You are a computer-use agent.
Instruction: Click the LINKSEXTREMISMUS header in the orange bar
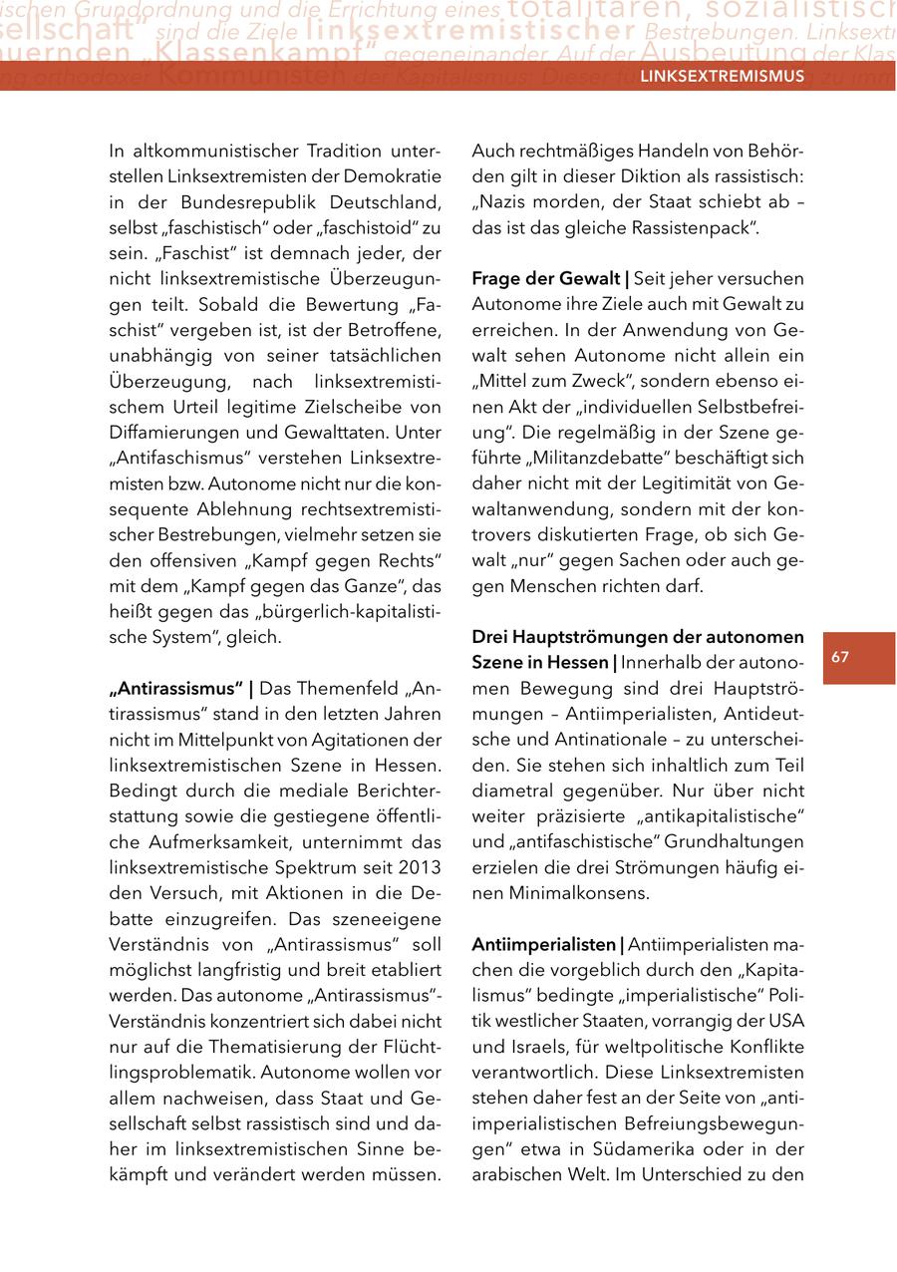tap(722, 77)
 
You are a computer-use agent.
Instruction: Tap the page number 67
tap(840, 657)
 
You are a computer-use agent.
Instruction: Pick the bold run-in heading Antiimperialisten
tap(545, 944)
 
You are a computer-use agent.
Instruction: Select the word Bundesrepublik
tap(236, 202)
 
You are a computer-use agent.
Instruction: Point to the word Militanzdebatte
tap(621, 459)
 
